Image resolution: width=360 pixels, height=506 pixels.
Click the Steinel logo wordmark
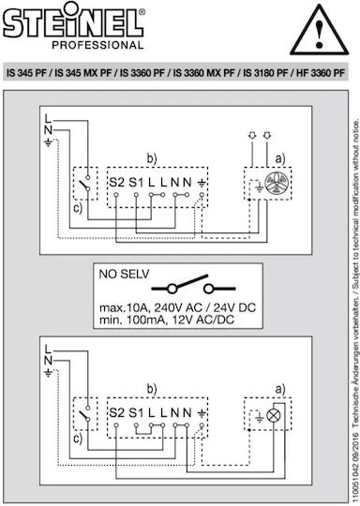click(74, 22)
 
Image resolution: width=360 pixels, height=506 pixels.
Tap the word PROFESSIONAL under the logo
click(97, 45)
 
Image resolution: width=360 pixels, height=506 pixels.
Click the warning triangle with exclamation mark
click(319, 30)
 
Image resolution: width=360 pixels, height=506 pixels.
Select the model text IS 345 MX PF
click(83, 73)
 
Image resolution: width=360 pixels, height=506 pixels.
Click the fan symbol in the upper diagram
click(275, 184)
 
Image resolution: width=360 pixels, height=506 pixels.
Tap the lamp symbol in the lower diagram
click(274, 416)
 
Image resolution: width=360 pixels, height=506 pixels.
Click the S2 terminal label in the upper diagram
click(116, 183)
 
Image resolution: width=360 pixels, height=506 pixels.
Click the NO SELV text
click(124, 274)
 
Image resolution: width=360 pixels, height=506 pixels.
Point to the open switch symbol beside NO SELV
click(193, 284)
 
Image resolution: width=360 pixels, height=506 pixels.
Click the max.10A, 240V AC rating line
click(177, 307)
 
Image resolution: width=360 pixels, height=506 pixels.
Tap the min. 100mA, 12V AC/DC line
click(167, 320)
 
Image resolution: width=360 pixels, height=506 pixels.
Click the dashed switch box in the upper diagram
click(85, 184)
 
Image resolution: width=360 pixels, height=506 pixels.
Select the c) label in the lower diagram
click(78, 439)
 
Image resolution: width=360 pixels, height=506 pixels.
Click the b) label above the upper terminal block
click(152, 159)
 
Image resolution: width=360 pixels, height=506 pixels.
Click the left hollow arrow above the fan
click(252, 136)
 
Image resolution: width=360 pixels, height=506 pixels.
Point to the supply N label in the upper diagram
click(48, 130)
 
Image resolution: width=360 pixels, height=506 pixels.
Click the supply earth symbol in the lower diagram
click(48, 373)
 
